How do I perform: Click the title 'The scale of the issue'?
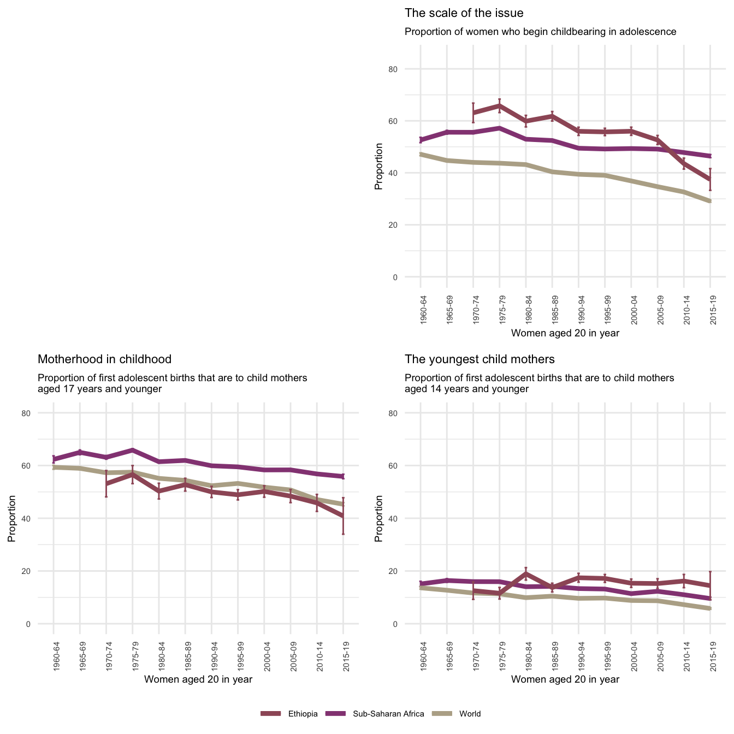(x=464, y=13)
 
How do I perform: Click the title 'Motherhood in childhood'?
(x=104, y=359)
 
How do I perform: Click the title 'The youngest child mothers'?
(x=480, y=359)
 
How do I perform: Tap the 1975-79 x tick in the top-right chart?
(x=500, y=310)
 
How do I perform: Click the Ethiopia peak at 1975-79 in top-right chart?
(x=500, y=105)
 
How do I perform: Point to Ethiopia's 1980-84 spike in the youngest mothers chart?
(x=526, y=573)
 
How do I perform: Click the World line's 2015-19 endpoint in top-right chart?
(x=710, y=201)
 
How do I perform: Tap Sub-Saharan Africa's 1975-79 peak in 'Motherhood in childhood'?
(x=133, y=450)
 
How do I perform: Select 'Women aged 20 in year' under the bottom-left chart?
(x=198, y=679)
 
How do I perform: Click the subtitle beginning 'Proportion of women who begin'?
(x=540, y=32)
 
